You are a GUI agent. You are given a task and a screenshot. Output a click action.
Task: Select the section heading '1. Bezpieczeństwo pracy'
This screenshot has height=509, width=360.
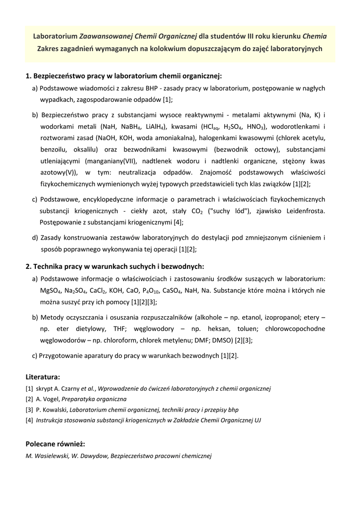pos(123,76)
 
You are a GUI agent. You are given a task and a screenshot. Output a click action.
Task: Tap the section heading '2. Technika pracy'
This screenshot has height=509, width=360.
pos(114,266)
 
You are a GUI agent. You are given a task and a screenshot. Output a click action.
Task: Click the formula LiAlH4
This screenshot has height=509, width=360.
pos(155,126)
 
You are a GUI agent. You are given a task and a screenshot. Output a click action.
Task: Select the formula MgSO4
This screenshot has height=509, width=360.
pos(51,290)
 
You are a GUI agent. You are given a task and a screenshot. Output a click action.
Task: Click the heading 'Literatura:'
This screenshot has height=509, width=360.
pos(43,377)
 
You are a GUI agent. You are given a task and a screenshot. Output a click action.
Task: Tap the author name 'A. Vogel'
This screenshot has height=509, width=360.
pos(48,399)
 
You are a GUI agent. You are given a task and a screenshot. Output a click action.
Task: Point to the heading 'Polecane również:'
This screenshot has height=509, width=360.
pos(55,443)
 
